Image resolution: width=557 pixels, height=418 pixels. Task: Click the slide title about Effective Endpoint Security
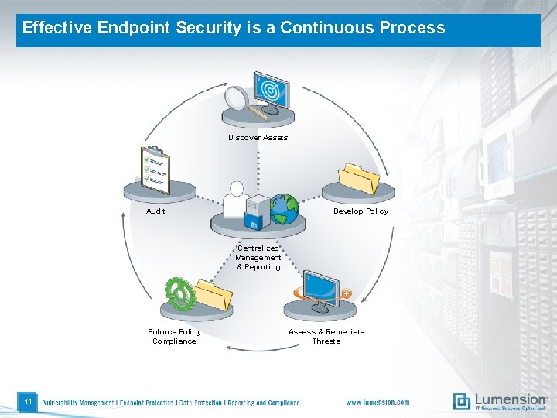coord(234,28)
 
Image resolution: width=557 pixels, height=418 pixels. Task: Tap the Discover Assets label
coord(258,138)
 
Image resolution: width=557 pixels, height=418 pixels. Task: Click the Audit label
coord(155,211)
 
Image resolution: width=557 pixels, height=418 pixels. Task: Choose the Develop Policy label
coord(361,211)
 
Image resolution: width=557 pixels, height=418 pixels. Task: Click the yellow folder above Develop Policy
coord(359,178)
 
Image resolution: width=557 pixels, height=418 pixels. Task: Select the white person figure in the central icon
coord(235,200)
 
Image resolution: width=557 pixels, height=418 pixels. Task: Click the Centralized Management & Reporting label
coord(258,258)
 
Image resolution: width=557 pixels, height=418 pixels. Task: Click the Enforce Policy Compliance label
coord(174,336)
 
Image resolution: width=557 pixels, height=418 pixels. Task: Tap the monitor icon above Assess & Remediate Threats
coord(320,287)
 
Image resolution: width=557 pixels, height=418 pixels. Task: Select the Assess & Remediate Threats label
coord(326,336)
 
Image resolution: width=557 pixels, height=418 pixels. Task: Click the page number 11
coord(27,402)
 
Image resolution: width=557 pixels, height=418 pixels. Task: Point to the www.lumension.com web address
coord(378,403)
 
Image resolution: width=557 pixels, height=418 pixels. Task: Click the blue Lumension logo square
coord(462,401)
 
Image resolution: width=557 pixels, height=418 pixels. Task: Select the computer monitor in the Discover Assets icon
coord(270,90)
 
